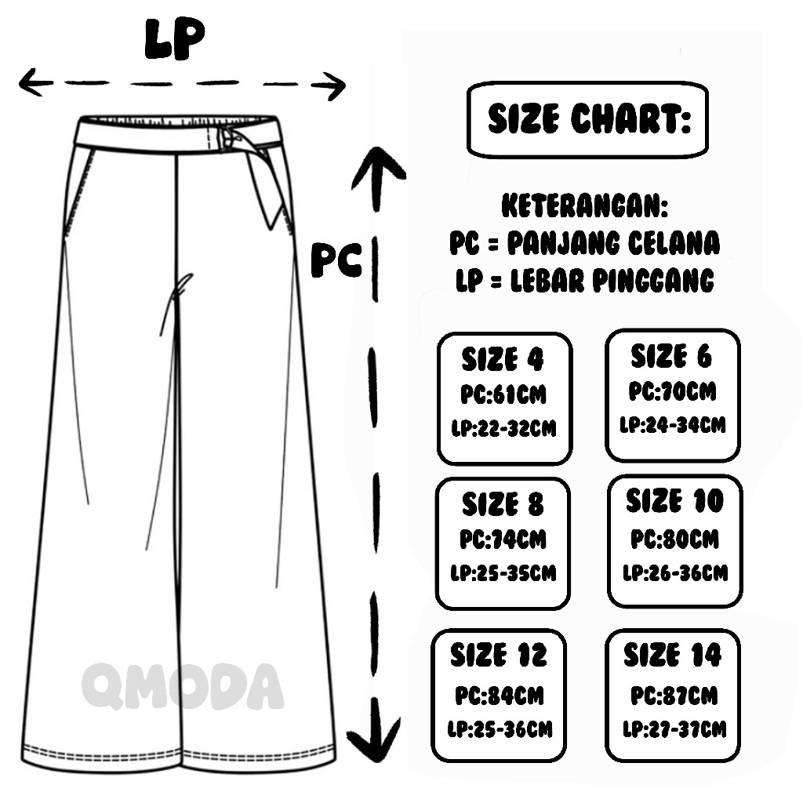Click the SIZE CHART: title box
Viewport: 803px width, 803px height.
click(587, 121)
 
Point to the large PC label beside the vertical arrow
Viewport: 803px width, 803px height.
click(336, 259)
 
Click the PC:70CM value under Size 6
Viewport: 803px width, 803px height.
click(673, 391)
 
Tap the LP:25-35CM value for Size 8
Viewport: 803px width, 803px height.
click(503, 572)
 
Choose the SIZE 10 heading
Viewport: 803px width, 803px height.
click(674, 500)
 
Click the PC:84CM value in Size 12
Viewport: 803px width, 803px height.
click(500, 696)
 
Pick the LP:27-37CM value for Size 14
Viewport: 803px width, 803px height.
click(674, 729)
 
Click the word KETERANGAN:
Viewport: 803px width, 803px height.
click(585, 208)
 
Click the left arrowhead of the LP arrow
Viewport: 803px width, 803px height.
click(30, 82)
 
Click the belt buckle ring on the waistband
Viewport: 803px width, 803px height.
click(228, 138)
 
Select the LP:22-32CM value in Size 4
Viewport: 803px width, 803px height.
click(503, 429)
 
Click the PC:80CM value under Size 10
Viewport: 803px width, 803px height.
click(674, 540)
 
